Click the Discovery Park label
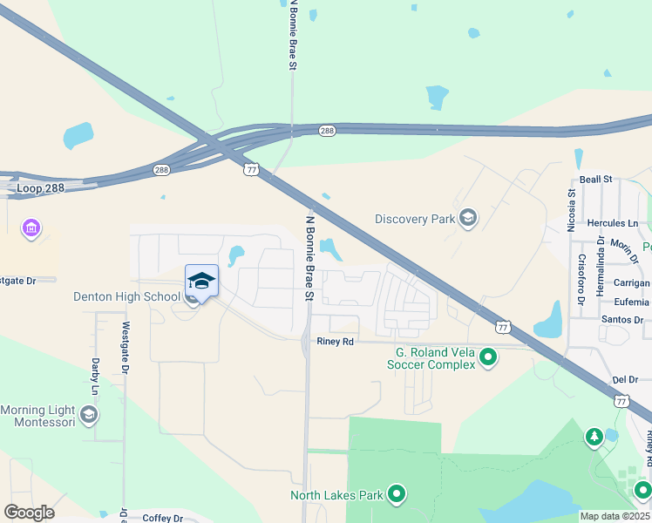[x=415, y=219]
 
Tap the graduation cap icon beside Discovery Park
[x=468, y=217]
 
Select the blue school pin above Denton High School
[x=201, y=282]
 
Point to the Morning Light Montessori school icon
[x=89, y=413]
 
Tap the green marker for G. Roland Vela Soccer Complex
[x=489, y=356]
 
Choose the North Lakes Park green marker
[x=397, y=495]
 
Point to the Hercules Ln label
[x=608, y=224]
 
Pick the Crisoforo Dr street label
[x=581, y=279]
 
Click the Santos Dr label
[x=621, y=320]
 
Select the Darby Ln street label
[x=95, y=377]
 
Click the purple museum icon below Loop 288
[x=32, y=229]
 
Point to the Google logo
[x=29, y=512]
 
